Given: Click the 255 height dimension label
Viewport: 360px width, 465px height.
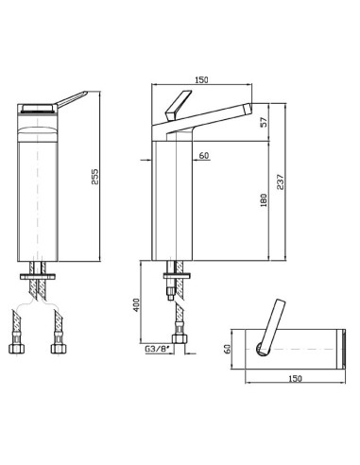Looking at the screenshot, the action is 95,177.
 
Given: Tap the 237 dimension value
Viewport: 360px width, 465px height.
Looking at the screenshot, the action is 280,181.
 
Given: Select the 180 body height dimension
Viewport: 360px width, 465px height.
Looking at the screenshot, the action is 264,200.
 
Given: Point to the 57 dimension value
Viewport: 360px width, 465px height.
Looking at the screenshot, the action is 264,122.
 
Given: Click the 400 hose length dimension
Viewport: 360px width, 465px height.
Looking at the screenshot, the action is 136,304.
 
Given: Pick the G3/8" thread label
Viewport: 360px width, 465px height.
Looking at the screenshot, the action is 157,349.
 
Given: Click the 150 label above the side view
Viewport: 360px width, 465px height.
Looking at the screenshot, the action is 201,80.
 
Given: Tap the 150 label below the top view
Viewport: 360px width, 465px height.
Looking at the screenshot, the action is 295,378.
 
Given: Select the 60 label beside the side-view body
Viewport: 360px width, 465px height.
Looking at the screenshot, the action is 204,156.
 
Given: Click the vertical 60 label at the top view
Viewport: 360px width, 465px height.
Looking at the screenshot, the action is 227,349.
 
